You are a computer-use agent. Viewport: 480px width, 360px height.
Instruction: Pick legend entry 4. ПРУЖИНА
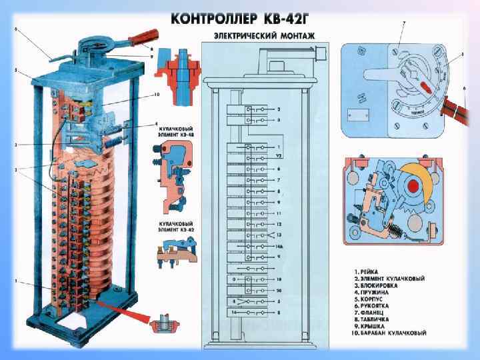[x=377, y=292]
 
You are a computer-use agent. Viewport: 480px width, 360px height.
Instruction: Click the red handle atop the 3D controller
[x=143, y=35]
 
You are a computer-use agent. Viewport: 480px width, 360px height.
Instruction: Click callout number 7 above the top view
[x=403, y=23]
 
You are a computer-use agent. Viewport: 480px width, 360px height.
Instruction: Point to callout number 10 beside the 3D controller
[x=157, y=94]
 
